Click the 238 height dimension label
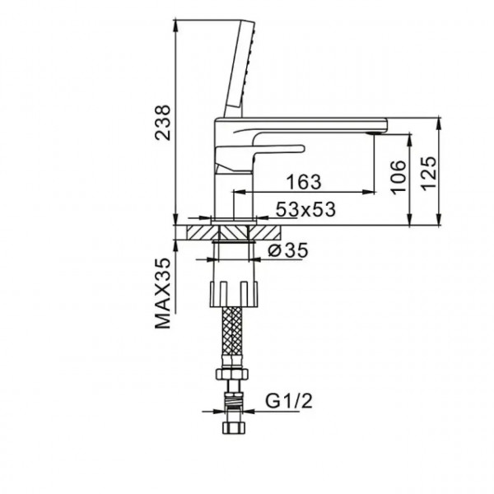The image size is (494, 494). (164, 121)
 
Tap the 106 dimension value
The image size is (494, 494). (398, 175)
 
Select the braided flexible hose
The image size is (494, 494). (233, 338)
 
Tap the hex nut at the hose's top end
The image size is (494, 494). (233, 377)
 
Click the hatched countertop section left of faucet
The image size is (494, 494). (198, 231)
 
